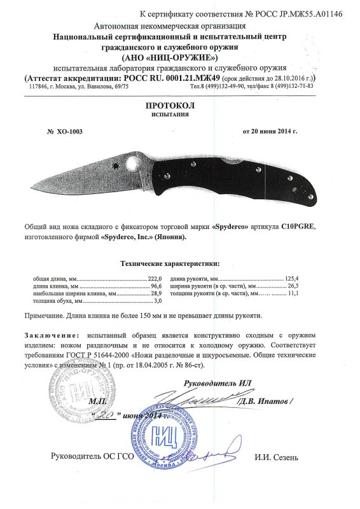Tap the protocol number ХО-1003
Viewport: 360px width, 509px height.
click(x=69, y=132)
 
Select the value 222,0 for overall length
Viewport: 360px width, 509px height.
click(x=156, y=279)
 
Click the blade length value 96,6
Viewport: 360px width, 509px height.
click(x=157, y=287)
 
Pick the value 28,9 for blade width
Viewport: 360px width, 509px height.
click(x=157, y=295)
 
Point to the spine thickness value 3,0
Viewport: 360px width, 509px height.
click(x=159, y=302)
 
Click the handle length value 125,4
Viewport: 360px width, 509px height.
click(x=293, y=279)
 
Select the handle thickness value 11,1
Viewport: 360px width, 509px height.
click(x=294, y=295)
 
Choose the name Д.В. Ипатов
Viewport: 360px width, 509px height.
click(x=265, y=401)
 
